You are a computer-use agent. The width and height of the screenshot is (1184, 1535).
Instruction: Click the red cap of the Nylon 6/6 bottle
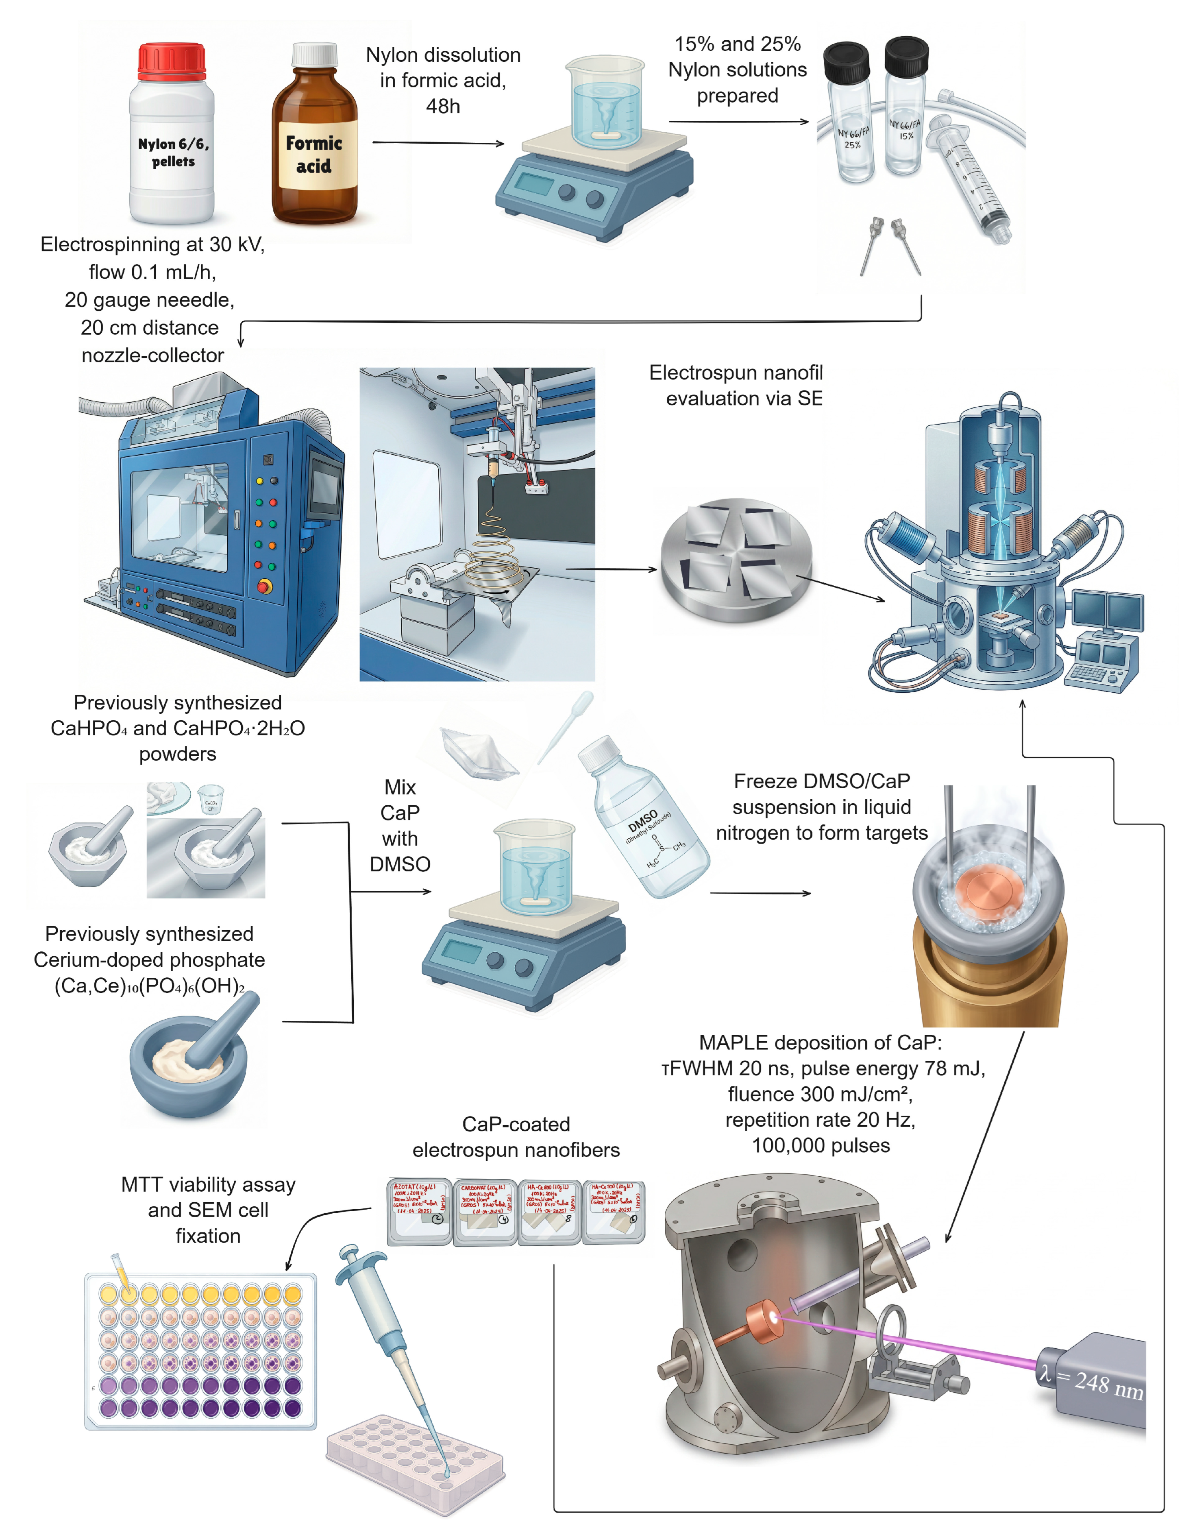point(172,62)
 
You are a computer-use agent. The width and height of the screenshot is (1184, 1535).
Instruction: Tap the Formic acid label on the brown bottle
point(314,155)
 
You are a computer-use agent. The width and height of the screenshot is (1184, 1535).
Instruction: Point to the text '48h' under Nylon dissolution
point(443,106)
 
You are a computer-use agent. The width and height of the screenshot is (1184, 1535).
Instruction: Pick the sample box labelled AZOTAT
point(420,1210)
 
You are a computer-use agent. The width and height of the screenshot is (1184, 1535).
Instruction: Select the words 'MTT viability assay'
point(208,1184)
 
